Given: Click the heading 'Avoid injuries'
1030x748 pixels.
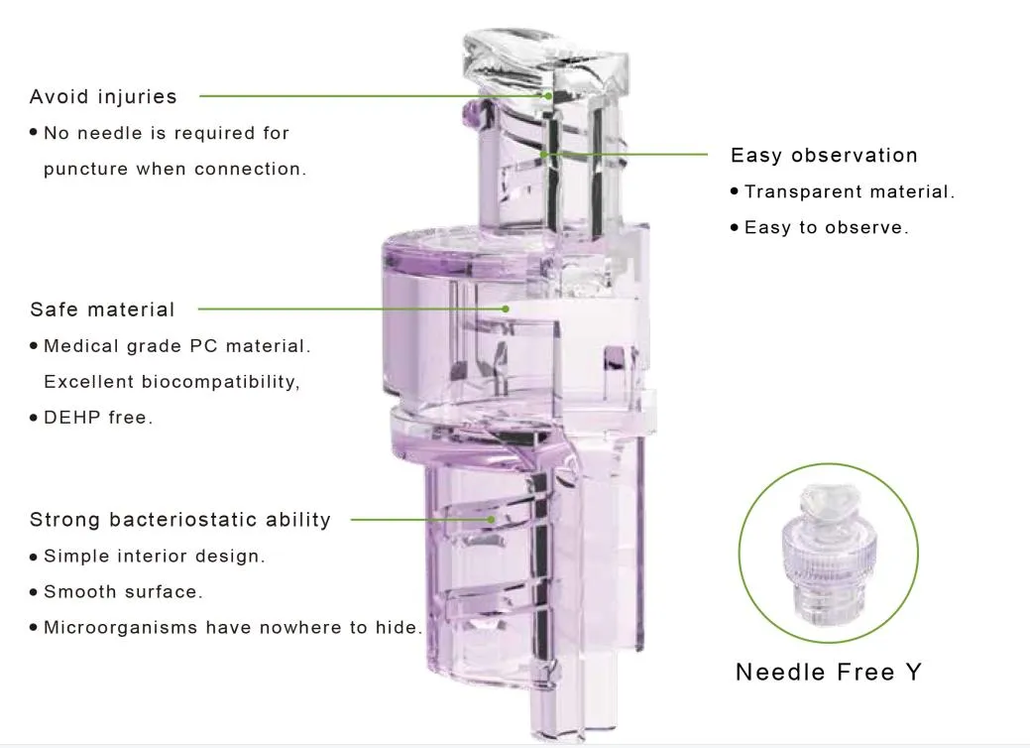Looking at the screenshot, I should coord(103,96).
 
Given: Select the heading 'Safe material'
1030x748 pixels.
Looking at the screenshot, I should coord(102,310).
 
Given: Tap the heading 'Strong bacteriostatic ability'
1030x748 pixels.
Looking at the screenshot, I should coord(180,520).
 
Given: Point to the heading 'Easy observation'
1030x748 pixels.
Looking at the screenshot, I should coord(824,156).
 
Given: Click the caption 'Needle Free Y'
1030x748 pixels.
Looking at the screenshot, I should coord(829,673).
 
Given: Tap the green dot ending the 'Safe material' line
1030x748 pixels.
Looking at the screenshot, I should coord(506,309).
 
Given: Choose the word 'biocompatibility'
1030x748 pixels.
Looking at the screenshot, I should coord(219,382).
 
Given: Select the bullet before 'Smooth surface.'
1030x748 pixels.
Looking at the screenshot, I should coord(34,592).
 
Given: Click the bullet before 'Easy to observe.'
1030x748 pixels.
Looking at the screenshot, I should coord(735,228).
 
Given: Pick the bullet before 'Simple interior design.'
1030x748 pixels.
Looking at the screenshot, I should coord(34,557).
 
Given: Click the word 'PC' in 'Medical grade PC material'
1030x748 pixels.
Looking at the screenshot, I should coord(202,346).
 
